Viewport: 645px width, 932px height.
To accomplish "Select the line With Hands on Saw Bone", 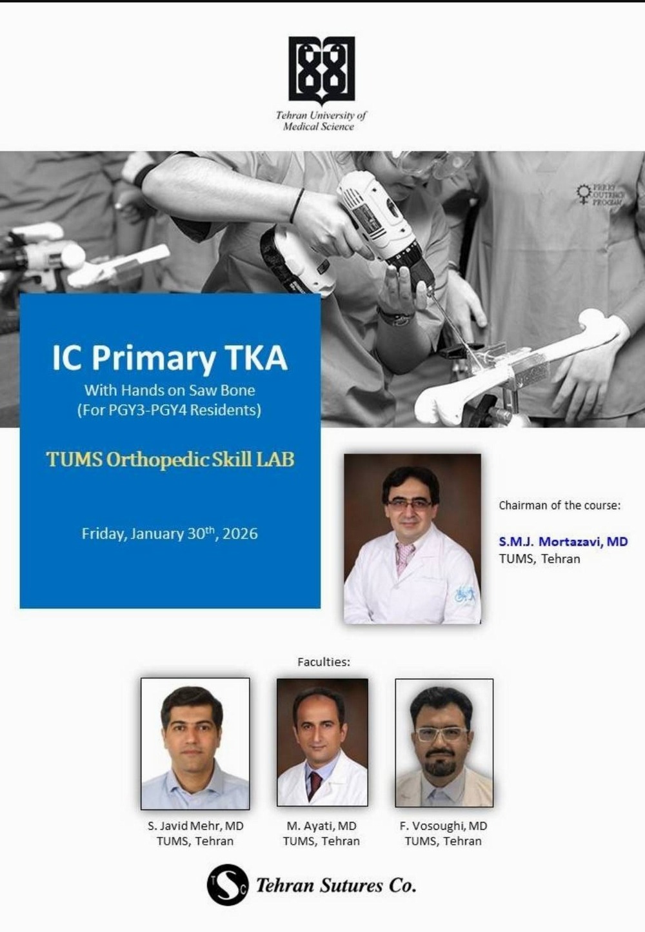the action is pyautogui.click(x=170, y=390).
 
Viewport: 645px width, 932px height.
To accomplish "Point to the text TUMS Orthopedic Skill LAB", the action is pyautogui.click(x=170, y=459).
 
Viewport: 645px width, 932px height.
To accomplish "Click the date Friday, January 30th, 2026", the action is pyautogui.click(x=170, y=533).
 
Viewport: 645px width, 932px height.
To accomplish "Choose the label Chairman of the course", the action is pyautogui.click(x=560, y=506).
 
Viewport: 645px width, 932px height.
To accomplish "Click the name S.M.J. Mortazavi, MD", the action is pyautogui.click(x=564, y=541).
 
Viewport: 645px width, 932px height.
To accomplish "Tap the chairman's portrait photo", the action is pyautogui.click(x=412, y=539).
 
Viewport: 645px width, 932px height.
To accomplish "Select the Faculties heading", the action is pyautogui.click(x=324, y=662).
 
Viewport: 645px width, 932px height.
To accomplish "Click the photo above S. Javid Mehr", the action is pyautogui.click(x=195, y=744).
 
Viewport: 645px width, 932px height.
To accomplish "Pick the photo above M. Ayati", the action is pyautogui.click(x=322, y=742).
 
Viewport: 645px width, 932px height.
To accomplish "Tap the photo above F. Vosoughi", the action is pyautogui.click(x=444, y=742).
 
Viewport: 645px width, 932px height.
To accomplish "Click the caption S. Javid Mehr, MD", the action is pyautogui.click(x=195, y=826).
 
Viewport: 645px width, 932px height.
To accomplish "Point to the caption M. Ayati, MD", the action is pyautogui.click(x=321, y=826).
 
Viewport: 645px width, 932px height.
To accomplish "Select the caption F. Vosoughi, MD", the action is pyautogui.click(x=443, y=826).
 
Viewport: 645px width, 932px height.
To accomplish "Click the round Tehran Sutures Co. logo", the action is pyautogui.click(x=228, y=886).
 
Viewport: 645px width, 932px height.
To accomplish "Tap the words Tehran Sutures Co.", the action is pyautogui.click(x=336, y=886).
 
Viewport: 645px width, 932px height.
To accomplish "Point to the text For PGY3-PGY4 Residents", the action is pyautogui.click(x=169, y=410).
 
